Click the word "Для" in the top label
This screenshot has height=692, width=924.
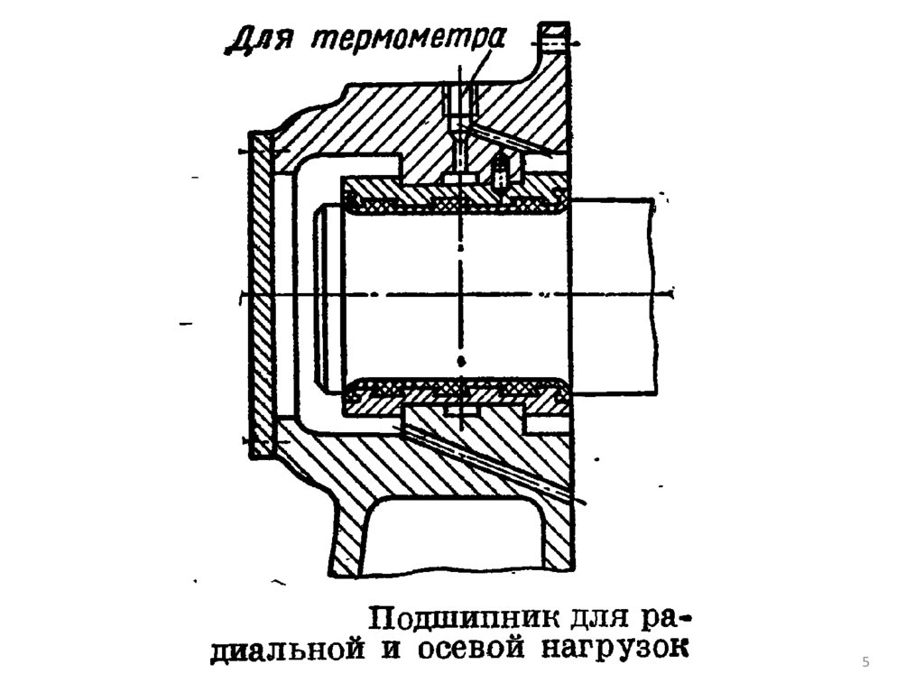coord(255,41)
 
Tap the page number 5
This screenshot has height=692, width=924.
coord(866,664)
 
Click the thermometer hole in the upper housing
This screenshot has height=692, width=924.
coord(458,113)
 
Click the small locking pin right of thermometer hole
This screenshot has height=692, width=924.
coord(499,170)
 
